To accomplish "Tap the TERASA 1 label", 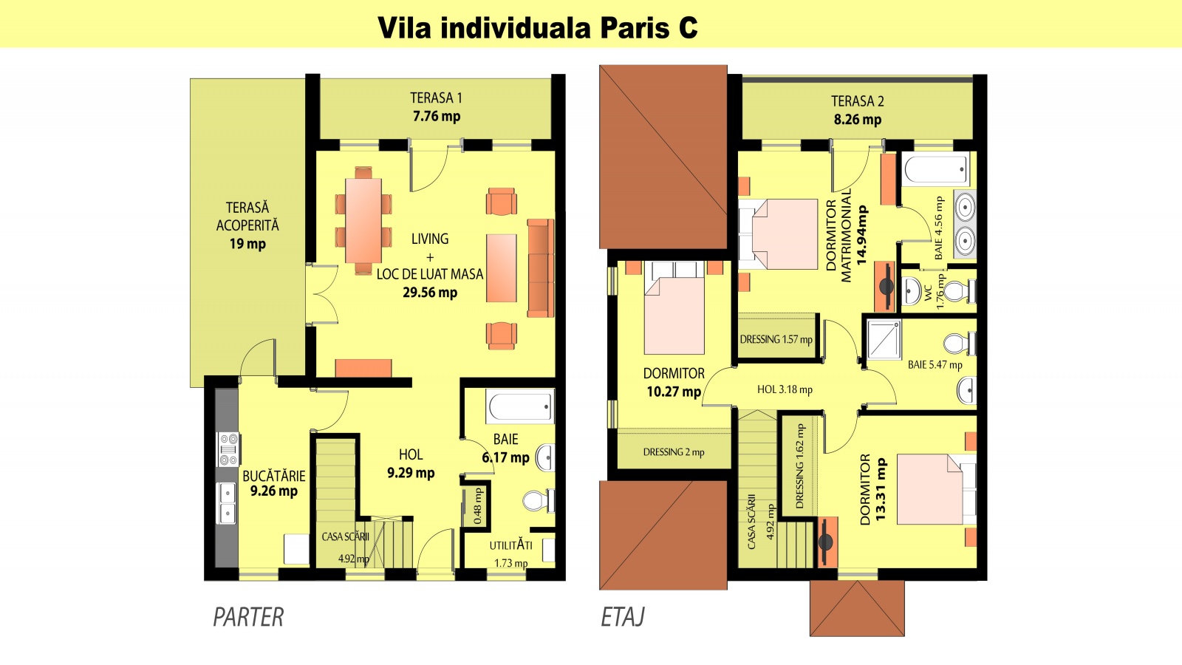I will (436, 98).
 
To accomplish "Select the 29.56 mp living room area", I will (429, 293).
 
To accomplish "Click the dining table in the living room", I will (363, 220).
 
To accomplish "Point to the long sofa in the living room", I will (540, 267).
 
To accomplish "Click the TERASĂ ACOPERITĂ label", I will (247, 216).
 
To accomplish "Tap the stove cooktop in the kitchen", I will (228, 449).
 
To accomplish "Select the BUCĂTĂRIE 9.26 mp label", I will (273, 483).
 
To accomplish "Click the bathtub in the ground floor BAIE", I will (520, 407).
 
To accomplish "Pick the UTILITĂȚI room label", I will (510, 545).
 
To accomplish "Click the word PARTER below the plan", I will (248, 617).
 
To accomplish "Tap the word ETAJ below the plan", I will (623, 617).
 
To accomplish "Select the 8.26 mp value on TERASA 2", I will (857, 120).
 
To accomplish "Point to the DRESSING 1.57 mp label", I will (776, 340).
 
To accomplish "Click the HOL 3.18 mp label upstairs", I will (785, 389).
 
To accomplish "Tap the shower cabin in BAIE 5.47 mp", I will (884, 339).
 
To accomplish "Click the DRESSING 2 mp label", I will (673, 452).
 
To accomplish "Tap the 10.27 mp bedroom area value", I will (673, 392).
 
